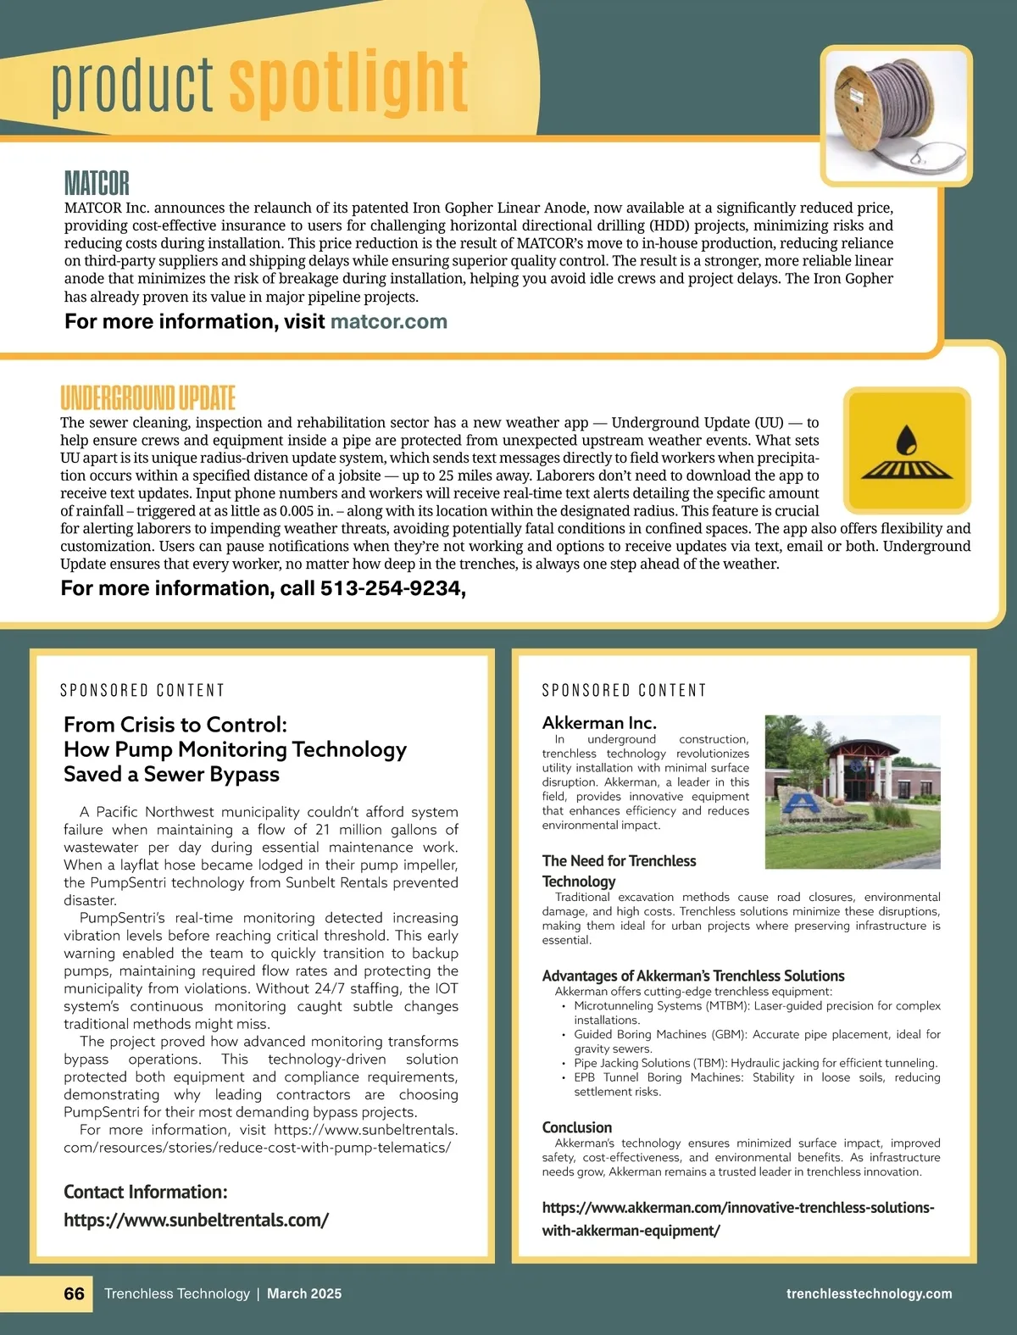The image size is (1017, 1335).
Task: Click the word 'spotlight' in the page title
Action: click(348, 83)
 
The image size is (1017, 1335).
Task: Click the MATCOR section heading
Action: click(97, 183)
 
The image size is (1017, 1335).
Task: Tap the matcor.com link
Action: click(388, 321)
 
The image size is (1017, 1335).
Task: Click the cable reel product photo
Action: click(897, 115)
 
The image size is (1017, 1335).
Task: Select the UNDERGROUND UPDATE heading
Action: click(147, 398)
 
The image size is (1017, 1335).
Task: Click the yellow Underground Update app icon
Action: click(907, 451)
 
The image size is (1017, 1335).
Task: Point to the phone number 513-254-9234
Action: click(392, 588)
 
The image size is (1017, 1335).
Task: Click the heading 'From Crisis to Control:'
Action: click(175, 725)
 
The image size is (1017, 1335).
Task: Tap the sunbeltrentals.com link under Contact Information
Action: click(196, 1220)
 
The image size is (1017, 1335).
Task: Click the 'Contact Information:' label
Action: click(146, 1192)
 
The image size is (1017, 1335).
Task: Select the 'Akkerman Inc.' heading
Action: click(599, 722)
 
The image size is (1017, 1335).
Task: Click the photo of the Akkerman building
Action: click(852, 792)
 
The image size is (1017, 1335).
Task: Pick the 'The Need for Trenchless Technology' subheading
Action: click(619, 871)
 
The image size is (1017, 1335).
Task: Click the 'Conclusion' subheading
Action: click(576, 1127)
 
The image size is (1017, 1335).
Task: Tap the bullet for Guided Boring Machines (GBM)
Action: click(563, 1035)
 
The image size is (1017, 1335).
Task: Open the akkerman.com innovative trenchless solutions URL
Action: click(737, 1218)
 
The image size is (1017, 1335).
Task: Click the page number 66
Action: click(75, 1293)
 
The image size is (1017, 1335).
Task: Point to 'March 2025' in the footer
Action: click(304, 1293)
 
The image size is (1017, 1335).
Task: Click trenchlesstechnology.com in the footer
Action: click(869, 1293)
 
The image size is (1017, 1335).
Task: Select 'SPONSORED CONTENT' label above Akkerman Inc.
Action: click(624, 691)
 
